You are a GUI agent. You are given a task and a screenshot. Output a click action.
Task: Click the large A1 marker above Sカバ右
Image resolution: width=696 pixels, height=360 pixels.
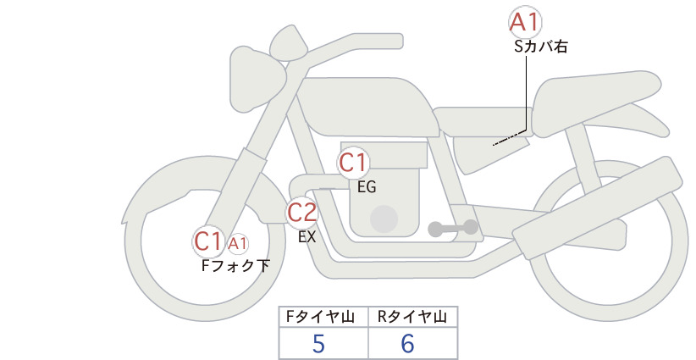(x=525, y=22)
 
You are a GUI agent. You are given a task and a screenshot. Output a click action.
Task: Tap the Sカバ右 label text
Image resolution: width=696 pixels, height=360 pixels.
(x=541, y=47)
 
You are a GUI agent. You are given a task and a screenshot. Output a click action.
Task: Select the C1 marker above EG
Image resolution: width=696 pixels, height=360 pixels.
(x=353, y=163)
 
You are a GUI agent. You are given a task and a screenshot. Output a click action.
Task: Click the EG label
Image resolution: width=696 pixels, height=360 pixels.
(x=367, y=187)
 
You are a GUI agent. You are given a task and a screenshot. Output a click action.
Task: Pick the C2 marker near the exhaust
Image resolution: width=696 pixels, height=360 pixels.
(x=302, y=212)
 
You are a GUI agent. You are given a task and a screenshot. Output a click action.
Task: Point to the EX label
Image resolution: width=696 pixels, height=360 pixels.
(x=307, y=237)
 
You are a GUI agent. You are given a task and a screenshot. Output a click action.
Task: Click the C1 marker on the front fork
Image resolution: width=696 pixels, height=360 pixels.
(x=208, y=241)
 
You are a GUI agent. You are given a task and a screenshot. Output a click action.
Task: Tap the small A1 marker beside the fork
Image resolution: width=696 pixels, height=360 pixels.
(x=238, y=243)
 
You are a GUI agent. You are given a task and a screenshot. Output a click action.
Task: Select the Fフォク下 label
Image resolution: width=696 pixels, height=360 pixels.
(x=235, y=265)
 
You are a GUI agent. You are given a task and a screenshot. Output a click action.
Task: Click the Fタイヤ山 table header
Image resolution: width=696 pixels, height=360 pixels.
(x=320, y=317)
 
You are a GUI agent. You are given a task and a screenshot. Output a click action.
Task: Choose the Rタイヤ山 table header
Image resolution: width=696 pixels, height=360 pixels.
(x=412, y=317)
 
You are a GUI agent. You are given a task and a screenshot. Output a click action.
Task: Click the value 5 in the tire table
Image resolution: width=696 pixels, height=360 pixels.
(x=318, y=344)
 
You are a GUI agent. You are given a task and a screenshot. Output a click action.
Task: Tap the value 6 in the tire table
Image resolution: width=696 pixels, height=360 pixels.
(x=407, y=344)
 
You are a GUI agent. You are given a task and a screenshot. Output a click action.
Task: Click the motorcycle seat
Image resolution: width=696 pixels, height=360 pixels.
(x=594, y=103)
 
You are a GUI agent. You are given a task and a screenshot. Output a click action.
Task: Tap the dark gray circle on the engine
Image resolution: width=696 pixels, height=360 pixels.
(x=384, y=219)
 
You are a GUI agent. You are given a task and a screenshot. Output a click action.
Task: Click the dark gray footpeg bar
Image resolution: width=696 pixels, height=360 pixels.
(x=453, y=228)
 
